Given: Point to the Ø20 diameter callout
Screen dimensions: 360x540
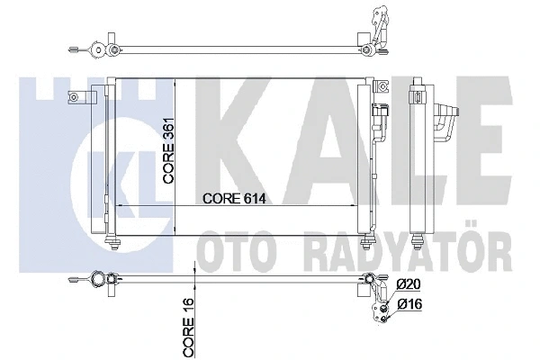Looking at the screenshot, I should (409, 285).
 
